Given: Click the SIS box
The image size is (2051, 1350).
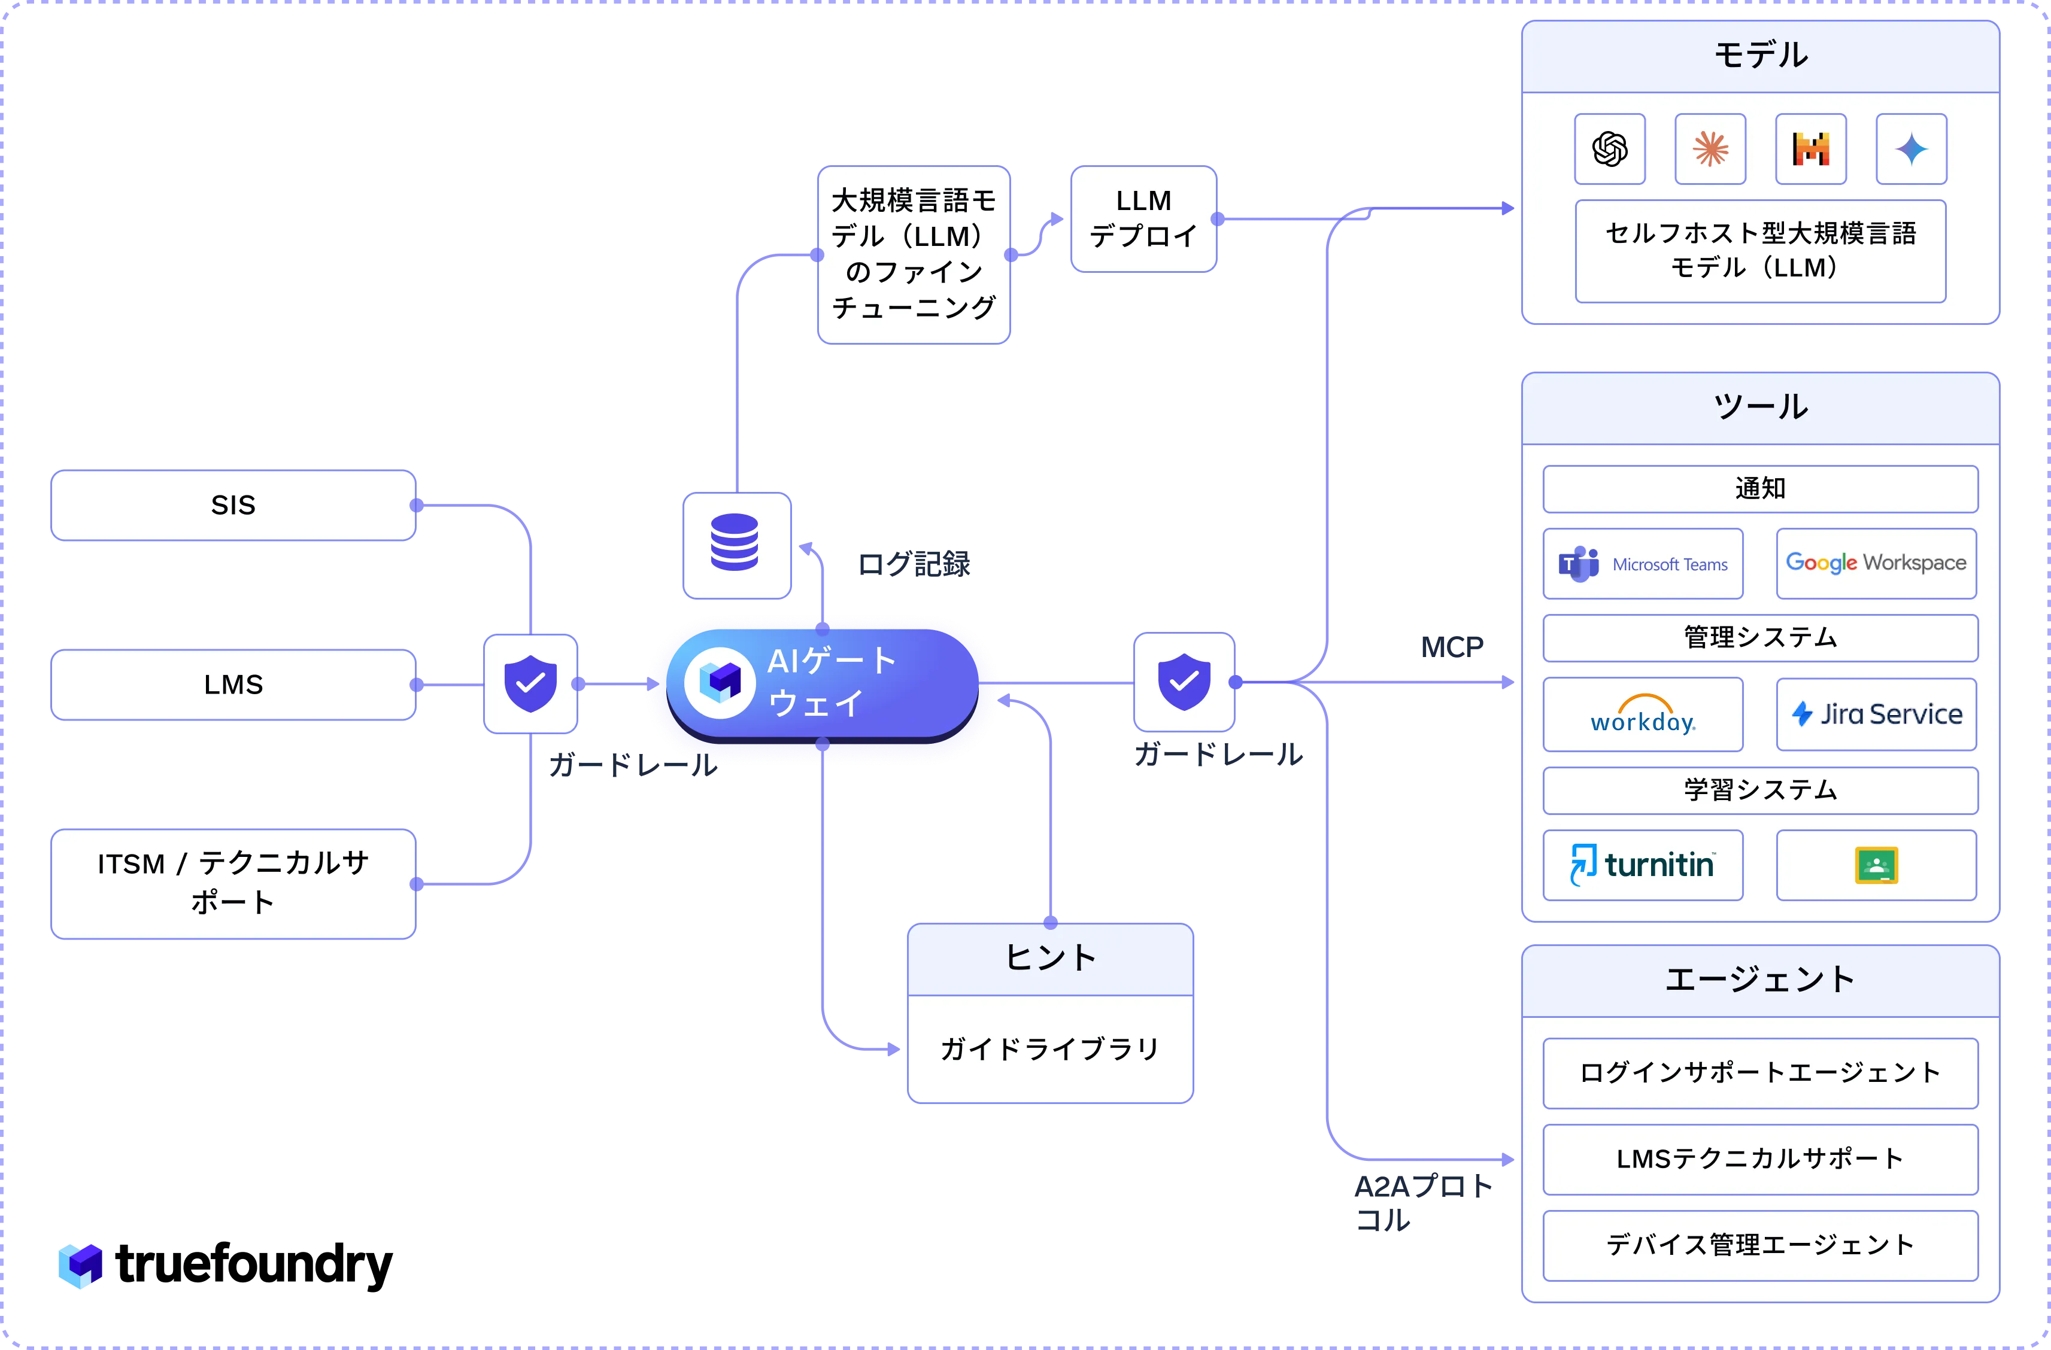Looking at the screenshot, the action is coord(233,505).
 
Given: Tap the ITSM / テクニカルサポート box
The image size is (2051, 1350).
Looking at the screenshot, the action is coord(233,883).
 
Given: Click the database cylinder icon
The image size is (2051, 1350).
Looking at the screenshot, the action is coord(734,542).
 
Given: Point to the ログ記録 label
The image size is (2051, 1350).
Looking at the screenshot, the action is coord(914,564).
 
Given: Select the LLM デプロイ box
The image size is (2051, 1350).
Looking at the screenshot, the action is coord(1143,219).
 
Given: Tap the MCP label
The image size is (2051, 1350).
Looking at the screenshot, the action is coord(1452,646).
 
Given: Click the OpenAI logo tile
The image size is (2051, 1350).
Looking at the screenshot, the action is coord(1610,149).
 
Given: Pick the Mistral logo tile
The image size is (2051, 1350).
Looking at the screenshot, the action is coord(1810,149).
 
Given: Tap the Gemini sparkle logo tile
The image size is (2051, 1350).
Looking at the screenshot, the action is coord(1912,149).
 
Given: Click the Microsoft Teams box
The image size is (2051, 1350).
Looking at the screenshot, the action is coord(1643,564).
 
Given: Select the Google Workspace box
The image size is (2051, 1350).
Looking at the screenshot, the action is coord(1876,564).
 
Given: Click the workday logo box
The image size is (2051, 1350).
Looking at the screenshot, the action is coord(1643,714).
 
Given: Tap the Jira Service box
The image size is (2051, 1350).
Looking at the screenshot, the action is coord(1876,714).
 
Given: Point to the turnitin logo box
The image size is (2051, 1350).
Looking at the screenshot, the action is coord(1643,865).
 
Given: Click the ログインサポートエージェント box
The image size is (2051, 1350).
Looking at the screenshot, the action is coord(1759,1072).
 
